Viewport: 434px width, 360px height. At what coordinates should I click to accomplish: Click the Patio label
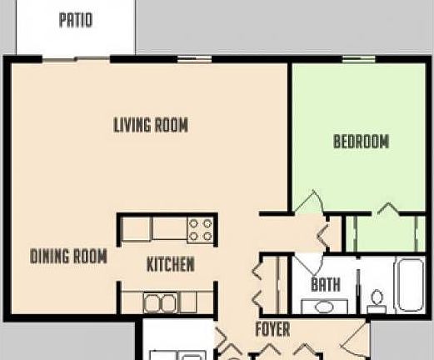click(x=75, y=19)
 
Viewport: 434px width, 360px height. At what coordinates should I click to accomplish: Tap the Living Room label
click(x=150, y=125)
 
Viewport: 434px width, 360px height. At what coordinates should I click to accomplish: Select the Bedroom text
click(x=361, y=142)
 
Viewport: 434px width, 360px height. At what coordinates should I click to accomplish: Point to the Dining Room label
click(x=68, y=257)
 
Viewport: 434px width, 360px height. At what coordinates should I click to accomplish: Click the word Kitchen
click(x=170, y=265)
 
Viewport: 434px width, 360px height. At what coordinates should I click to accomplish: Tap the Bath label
click(x=325, y=285)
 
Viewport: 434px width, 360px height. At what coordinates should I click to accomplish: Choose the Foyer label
click(x=272, y=329)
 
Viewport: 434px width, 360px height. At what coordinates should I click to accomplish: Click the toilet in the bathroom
click(x=377, y=298)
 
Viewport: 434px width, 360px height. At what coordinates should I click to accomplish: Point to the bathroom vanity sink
click(x=323, y=307)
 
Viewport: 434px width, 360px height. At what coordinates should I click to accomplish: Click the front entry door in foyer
click(x=357, y=337)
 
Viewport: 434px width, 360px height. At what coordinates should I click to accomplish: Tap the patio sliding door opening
click(x=76, y=58)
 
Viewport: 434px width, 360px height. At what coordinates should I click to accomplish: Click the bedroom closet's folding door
click(x=387, y=208)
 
